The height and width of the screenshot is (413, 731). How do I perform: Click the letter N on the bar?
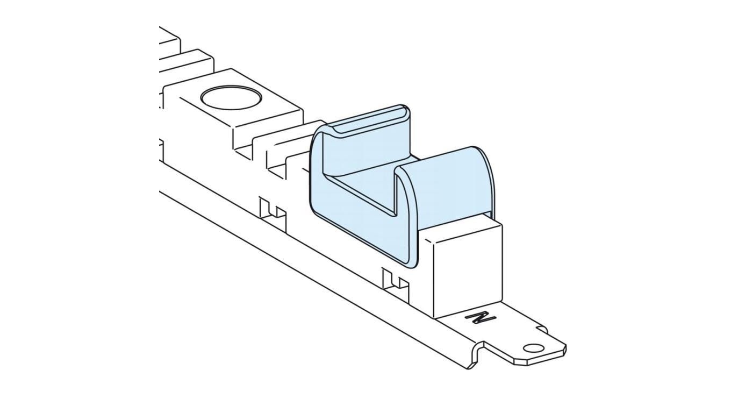click(481, 317)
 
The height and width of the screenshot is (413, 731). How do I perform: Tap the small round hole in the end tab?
click(533, 348)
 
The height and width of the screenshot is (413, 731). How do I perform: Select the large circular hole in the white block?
click(231, 98)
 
